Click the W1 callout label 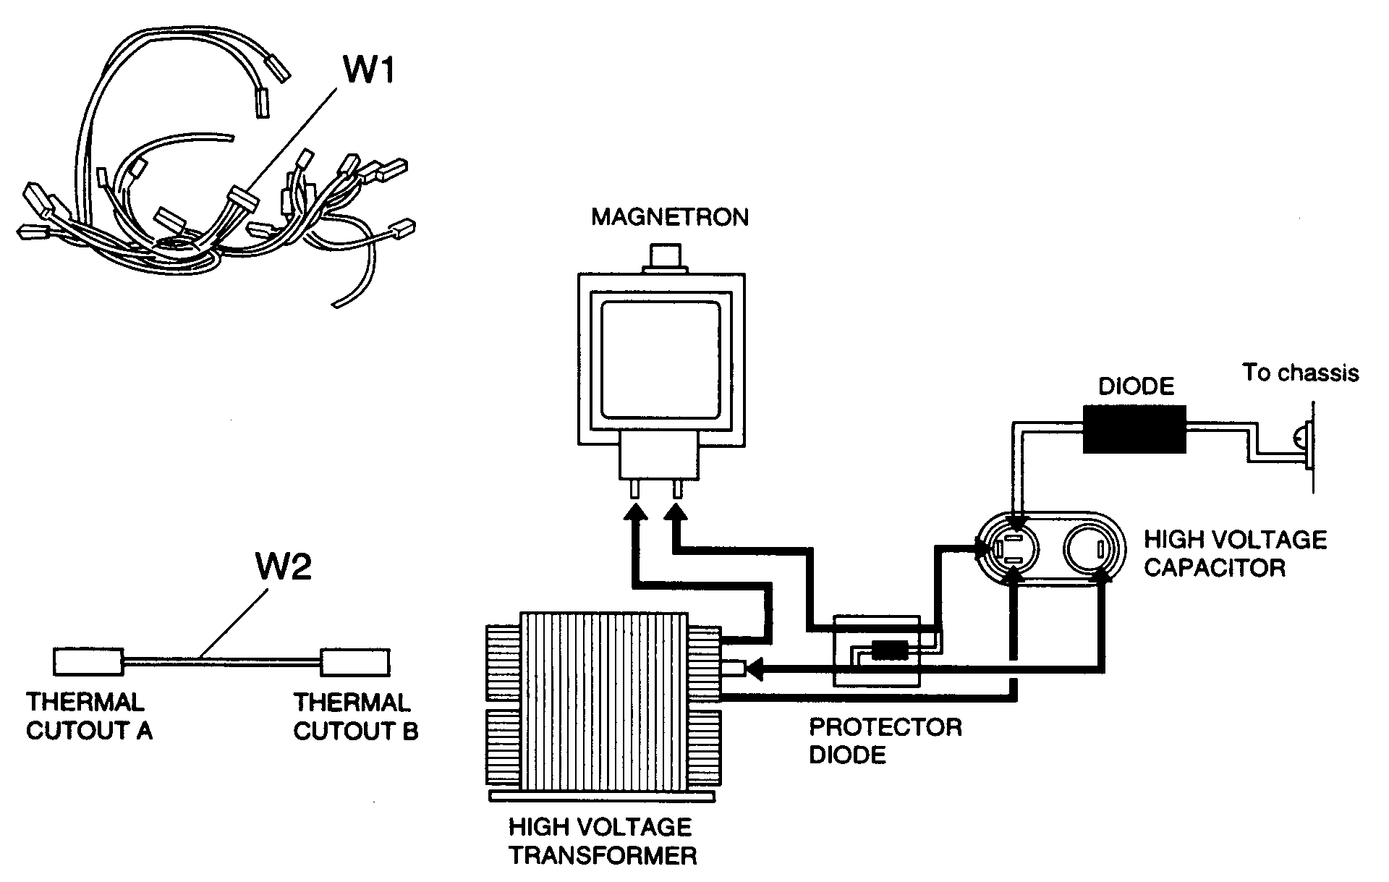368,71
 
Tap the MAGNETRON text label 670,217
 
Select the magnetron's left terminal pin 635,490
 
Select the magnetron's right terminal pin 677,490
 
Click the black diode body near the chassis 1134,429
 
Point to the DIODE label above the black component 1136,386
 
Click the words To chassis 1300,373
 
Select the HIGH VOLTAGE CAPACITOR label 1234,554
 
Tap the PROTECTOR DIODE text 884,741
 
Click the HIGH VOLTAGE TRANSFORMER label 602,841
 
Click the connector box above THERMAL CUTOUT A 88,661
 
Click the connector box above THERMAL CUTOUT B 355,661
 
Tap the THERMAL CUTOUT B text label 355,716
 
